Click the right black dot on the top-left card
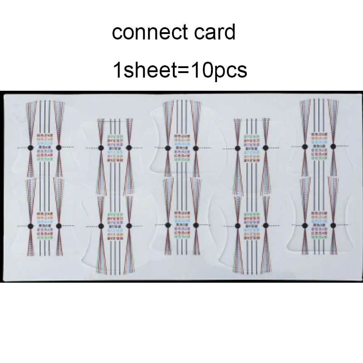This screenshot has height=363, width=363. [59, 148]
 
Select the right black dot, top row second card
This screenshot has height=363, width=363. [129, 148]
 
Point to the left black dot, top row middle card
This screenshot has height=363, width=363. [168, 148]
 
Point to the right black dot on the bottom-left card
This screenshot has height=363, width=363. [59, 226]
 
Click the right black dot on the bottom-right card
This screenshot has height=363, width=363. [334, 225]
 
